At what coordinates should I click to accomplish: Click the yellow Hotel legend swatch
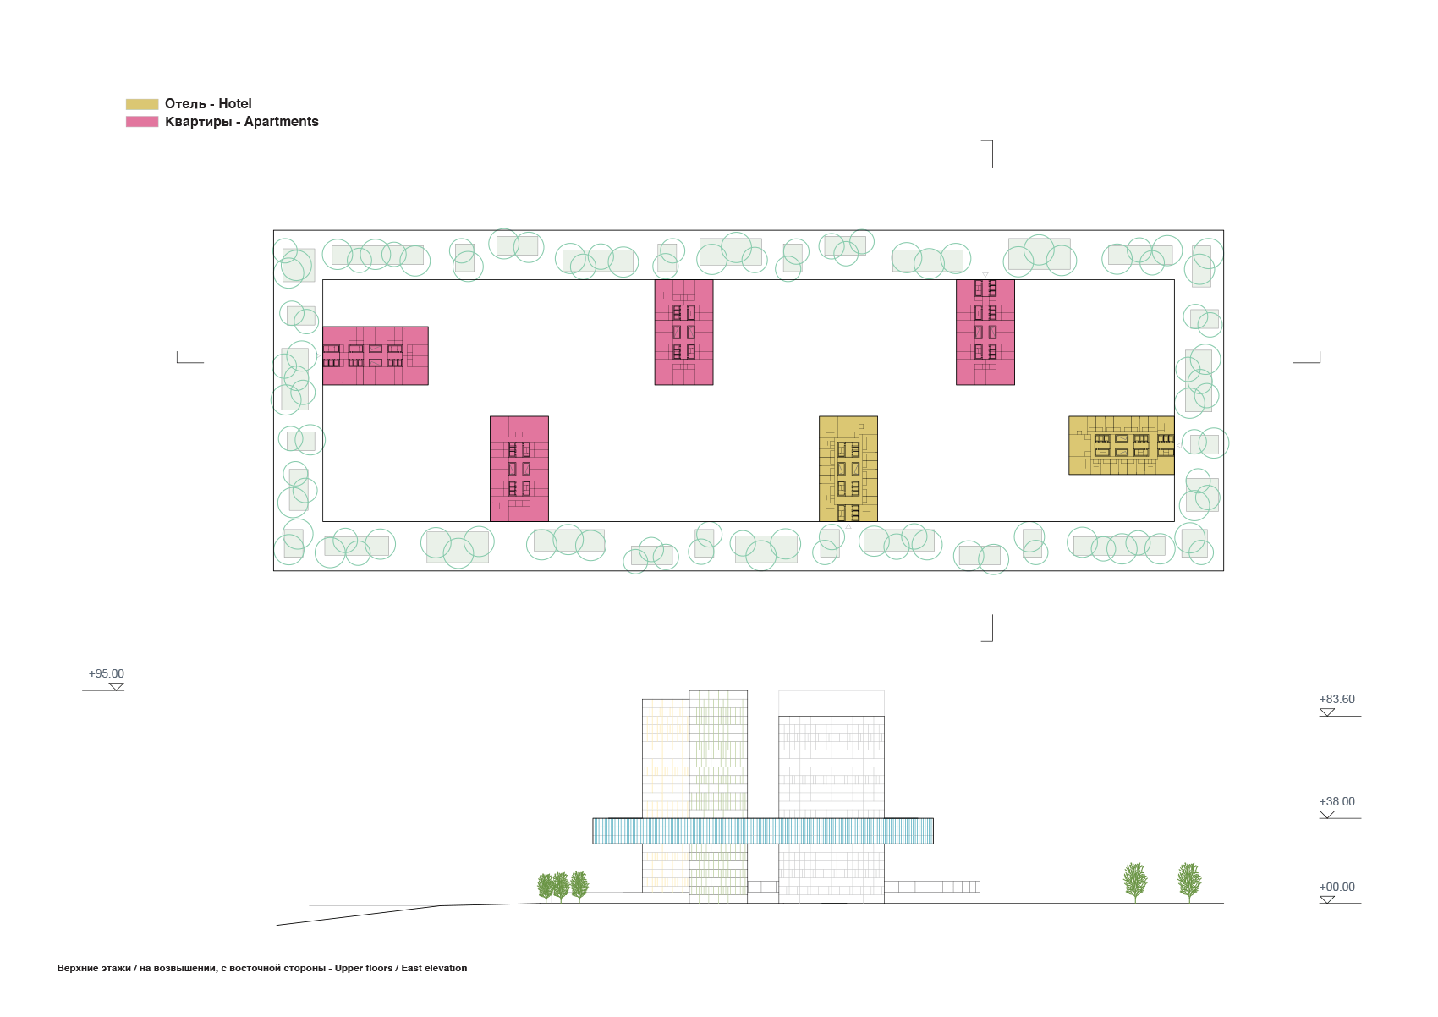point(142,104)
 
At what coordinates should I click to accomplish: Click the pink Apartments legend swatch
point(142,121)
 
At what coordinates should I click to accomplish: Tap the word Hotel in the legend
point(235,104)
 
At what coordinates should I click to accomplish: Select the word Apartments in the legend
point(281,122)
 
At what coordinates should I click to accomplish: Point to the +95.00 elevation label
point(107,673)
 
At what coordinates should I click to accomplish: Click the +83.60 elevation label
point(1337,699)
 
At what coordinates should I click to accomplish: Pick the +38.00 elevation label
point(1337,801)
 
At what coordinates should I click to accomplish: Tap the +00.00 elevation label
point(1337,887)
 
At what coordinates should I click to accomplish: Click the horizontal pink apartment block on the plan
point(376,355)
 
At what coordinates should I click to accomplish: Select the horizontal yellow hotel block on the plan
point(1122,446)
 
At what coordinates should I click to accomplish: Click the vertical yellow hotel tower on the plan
point(848,469)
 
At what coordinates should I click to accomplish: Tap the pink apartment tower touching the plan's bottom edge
point(519,469)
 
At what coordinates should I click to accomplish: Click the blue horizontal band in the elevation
point(763,831)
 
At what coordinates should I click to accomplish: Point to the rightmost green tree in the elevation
point(1189,882)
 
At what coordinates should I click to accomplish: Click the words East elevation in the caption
point(434,968)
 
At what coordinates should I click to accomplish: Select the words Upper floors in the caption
point(364,968)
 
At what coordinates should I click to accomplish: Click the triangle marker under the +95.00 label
point(116,687)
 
